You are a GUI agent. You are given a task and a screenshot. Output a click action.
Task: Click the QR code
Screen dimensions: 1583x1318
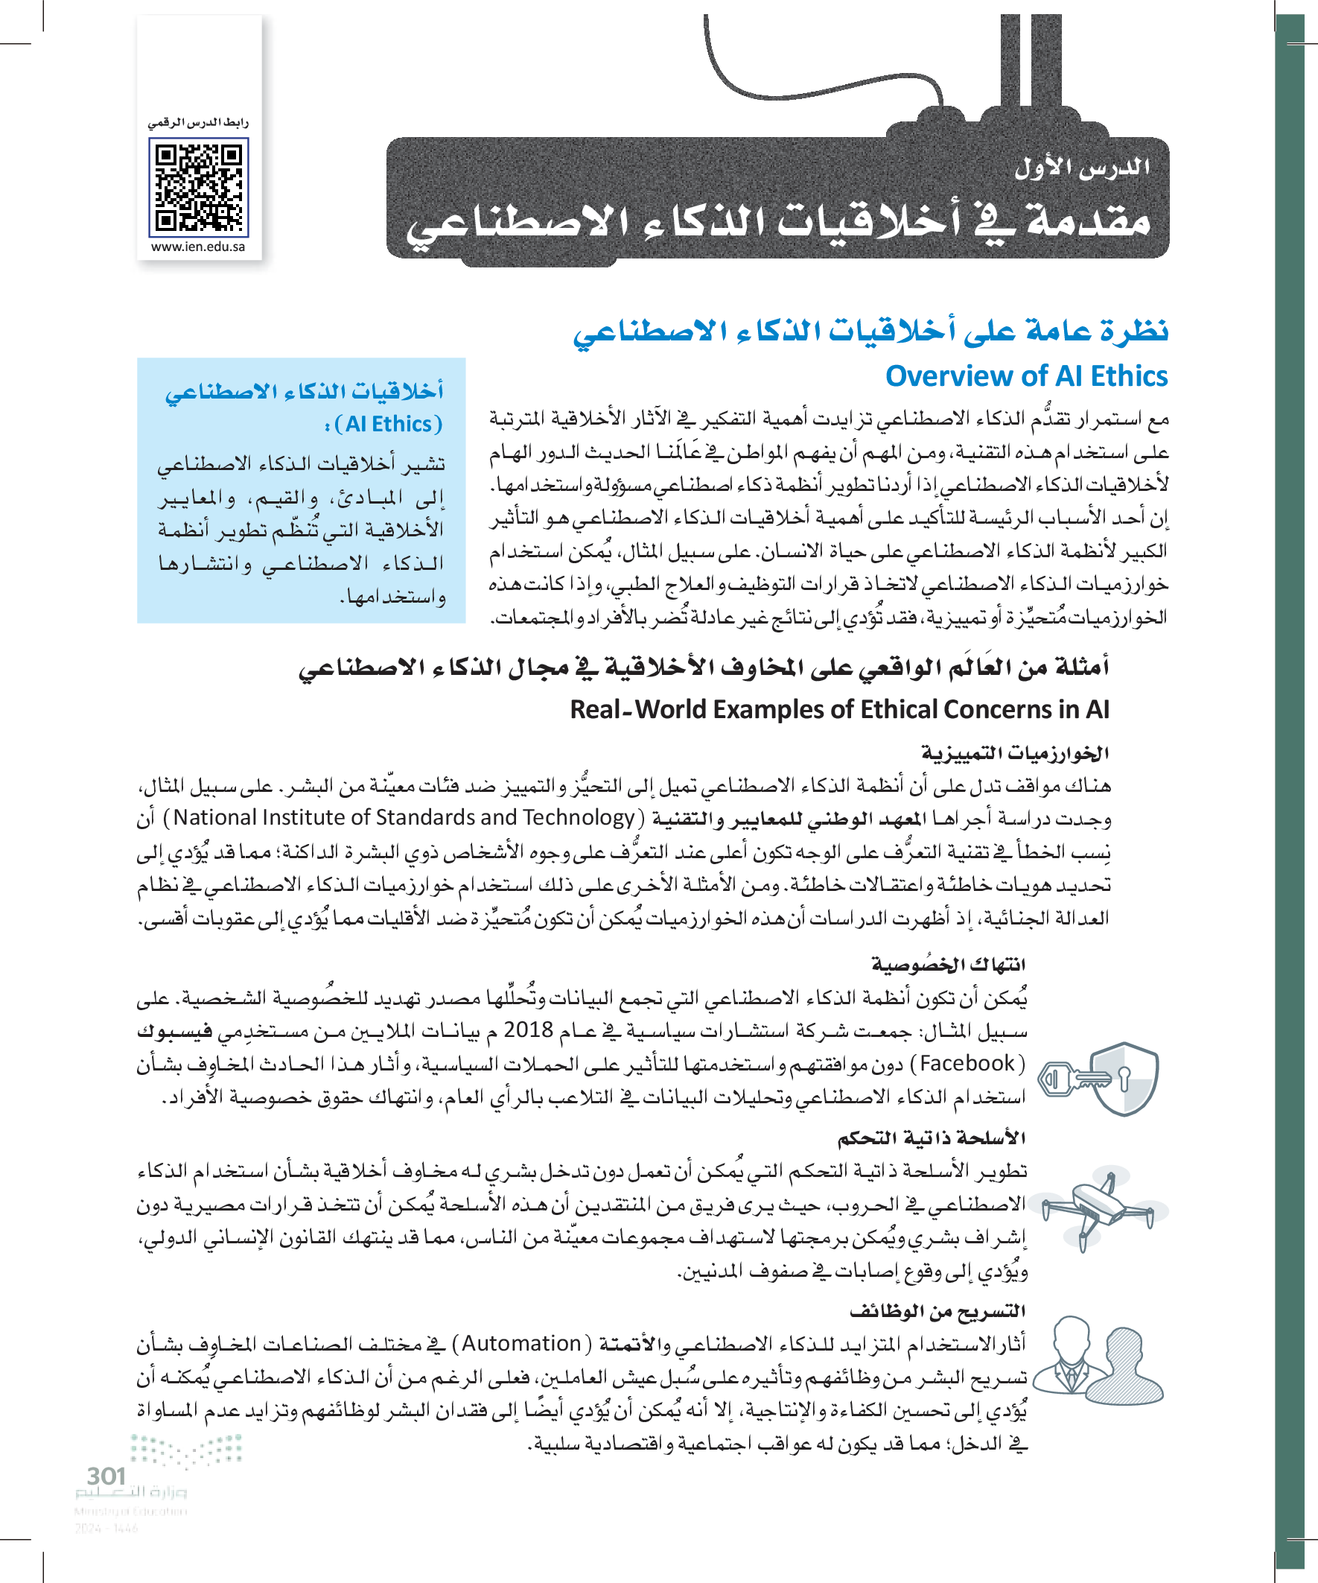pyautogui.click(x=198, y=187)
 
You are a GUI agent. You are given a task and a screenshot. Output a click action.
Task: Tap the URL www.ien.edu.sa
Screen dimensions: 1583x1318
pyautogui.click(x=198, y=247)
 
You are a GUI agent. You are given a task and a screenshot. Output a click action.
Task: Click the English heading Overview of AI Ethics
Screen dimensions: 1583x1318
pyautogui.click(x=1025, y=376)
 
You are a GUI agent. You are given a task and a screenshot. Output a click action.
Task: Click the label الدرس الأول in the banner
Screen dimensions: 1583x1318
pyautogui.click(x=1081, y=168)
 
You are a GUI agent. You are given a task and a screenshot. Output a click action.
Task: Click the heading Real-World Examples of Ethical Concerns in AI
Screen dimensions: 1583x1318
pyautogui.click(x=838, y=709)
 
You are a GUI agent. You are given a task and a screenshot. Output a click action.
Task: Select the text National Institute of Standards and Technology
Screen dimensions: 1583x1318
pyautogui.click(x=404, y=817)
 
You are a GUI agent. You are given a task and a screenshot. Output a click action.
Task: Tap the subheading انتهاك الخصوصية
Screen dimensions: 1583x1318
pyautogui.click(x=948, y=964)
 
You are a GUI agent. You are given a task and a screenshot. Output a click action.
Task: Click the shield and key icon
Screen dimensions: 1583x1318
pyautogui.click(x=1099, y=1079)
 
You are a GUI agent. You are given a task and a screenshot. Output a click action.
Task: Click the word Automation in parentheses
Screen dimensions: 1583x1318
pyautogui.click(x=521, y=1343)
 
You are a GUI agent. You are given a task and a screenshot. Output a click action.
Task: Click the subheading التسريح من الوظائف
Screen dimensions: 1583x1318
pyautogui.click(x=937, y=1311)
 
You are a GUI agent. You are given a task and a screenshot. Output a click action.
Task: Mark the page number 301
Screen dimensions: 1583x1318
pyautogui.click(x=106, y=1475)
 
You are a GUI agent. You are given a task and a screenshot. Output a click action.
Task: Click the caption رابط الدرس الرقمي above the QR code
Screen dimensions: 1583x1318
pyautogui.click(x=198, y=122)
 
